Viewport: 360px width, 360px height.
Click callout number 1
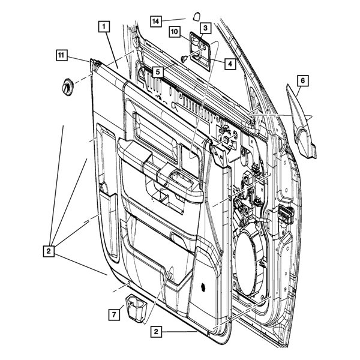coord(104,26)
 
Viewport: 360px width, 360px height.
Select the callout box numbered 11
coord(61,56)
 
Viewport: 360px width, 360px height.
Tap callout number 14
coord(155,21)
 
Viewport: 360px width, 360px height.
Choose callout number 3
coord(205,28)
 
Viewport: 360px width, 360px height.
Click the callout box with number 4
coord(229,62)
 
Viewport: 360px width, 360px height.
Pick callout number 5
coord(157,71)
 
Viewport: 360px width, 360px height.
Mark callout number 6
coord(302,80)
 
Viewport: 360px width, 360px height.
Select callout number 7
coord(112,314)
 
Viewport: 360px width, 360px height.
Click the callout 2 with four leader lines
coord(49,248)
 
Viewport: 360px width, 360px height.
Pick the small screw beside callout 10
coord(182,58)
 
